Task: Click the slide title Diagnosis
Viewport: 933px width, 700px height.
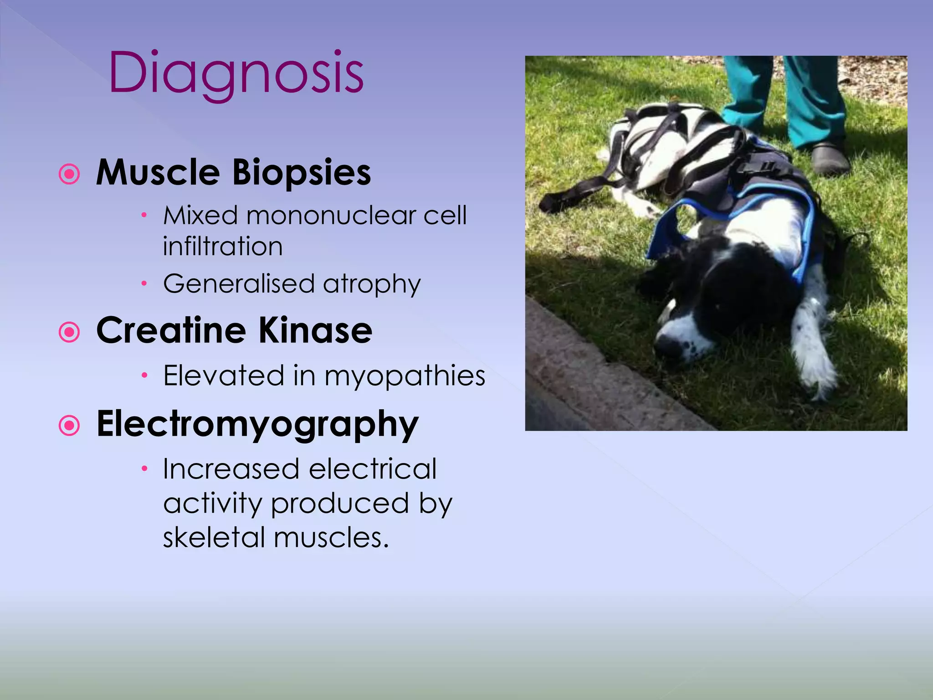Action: [x=236, y=73]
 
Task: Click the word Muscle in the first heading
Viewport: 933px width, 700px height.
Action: [x=158, y=173]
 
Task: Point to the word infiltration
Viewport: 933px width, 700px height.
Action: [x=223, y=247]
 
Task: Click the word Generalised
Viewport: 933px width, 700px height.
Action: [x=239, y=283]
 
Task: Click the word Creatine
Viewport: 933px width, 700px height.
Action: [x=171, y=330]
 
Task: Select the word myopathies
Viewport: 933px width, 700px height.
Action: [x=405, y=377]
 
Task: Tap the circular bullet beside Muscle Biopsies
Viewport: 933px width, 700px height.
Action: [x=69, y=174]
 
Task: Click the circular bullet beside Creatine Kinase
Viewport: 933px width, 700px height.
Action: [x=69, y=332]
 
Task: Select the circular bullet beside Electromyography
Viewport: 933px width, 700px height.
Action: [x=69, y=426]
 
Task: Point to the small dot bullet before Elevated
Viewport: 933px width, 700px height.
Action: [x=144, y=376]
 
